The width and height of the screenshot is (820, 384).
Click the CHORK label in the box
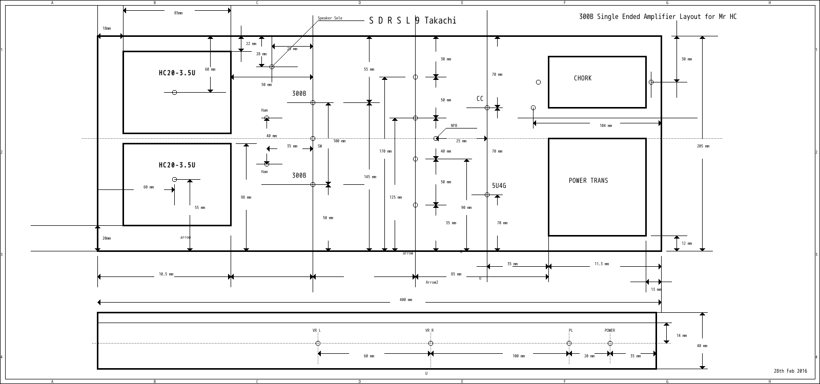[582, 78]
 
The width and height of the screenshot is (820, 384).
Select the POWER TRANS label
[588, 181]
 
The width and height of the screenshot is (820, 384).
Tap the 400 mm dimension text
[405, 300]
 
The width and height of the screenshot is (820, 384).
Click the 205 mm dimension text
[703, 146]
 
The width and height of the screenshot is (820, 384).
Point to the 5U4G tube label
[499, 186]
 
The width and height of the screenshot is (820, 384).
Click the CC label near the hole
[480, 99]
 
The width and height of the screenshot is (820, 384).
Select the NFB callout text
[454, 126]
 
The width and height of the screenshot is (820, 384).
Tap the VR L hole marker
[318, 343]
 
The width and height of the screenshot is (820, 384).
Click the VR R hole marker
[430, 343]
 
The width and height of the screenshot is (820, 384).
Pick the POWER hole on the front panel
[610, 343]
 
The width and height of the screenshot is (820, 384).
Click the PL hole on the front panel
[569, 343]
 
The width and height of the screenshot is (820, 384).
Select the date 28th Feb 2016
[790, 371]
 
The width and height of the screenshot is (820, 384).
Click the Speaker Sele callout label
[330, 18]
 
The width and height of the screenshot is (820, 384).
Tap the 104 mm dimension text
[606, 125]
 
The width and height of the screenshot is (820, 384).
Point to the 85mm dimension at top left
[178, 13]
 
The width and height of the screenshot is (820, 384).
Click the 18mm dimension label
[107, 29]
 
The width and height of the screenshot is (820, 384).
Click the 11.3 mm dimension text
[601, 264]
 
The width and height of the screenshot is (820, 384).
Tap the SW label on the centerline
[320, 146]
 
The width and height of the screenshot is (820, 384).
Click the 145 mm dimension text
[370, 177]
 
